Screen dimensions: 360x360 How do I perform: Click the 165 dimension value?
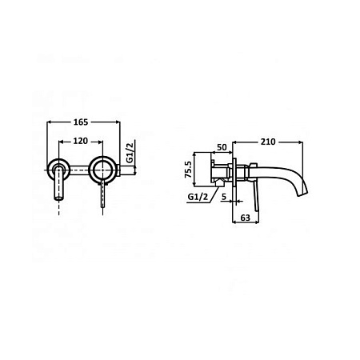[81, 122]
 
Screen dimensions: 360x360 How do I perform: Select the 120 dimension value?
[81, 141]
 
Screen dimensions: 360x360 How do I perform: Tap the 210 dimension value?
[268, 142]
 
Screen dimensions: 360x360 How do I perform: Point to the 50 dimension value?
[222, 147]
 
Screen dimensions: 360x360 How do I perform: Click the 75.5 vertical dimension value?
[189, 170]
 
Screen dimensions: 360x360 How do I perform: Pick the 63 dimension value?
[246, 218]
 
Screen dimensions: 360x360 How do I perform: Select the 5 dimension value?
[224, 197]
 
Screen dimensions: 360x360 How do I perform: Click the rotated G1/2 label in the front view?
[130, 153]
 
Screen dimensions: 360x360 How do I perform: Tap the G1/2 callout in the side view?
[198, 197]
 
